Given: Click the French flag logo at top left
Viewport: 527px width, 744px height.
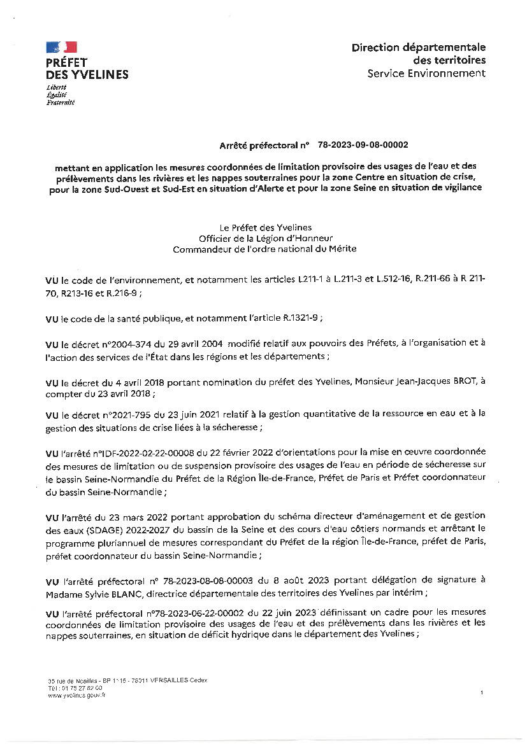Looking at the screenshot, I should click(61, 47).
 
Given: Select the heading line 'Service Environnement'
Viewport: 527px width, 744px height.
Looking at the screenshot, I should click(426, 73).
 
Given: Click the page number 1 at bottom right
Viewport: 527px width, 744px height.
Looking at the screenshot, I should click(482, 692).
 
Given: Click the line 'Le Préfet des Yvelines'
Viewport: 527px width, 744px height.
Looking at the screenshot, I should click(264, 227).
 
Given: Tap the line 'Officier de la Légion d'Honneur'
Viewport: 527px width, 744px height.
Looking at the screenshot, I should click(264, 238).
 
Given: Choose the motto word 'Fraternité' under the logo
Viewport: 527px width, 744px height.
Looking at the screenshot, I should click(61, 102).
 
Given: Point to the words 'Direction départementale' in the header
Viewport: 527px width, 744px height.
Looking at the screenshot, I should click(418, 47).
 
